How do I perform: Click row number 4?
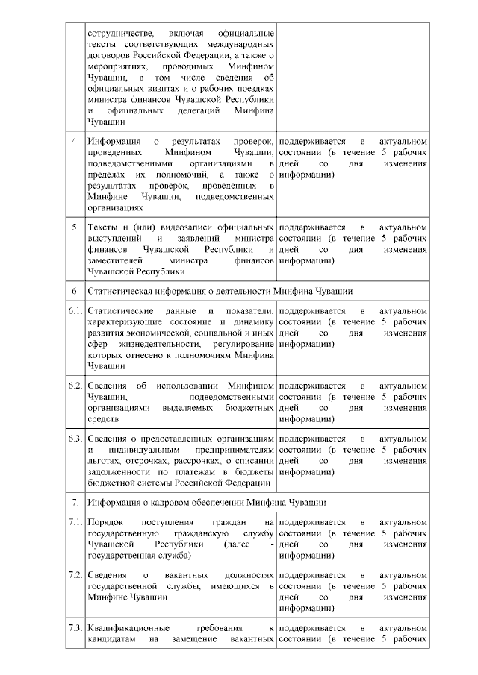(74, 141)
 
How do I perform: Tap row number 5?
(74, 227)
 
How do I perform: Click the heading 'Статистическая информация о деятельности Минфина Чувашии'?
(220, 290)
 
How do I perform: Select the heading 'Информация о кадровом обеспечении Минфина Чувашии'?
(206, 502)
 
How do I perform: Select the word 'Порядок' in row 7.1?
(104, 523)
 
